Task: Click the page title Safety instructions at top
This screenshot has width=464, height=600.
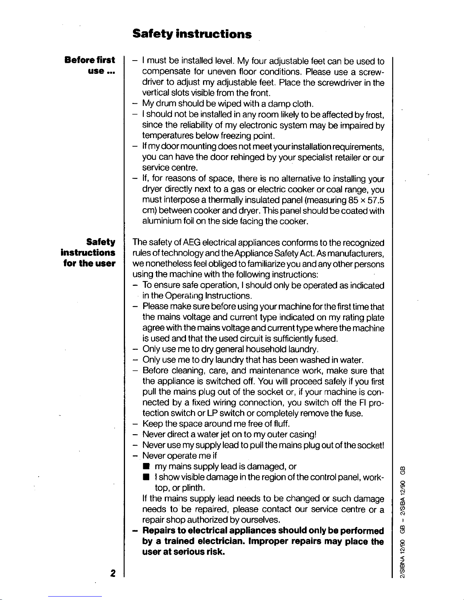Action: (x=192, y=34)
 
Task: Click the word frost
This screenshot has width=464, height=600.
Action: (x=375, y=114)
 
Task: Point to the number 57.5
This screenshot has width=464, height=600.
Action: (x=373, y=200)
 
